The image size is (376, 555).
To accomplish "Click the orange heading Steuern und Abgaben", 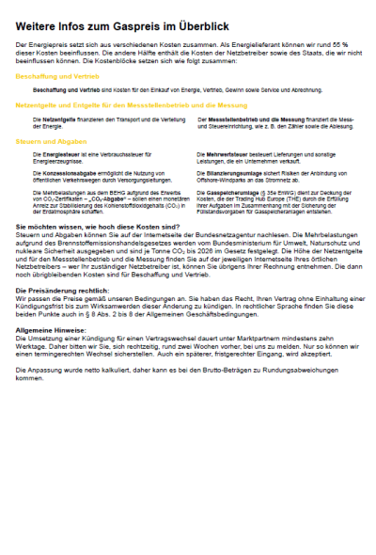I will (x=45, y=140).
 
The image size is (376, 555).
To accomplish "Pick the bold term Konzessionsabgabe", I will (x=62, y=173).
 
